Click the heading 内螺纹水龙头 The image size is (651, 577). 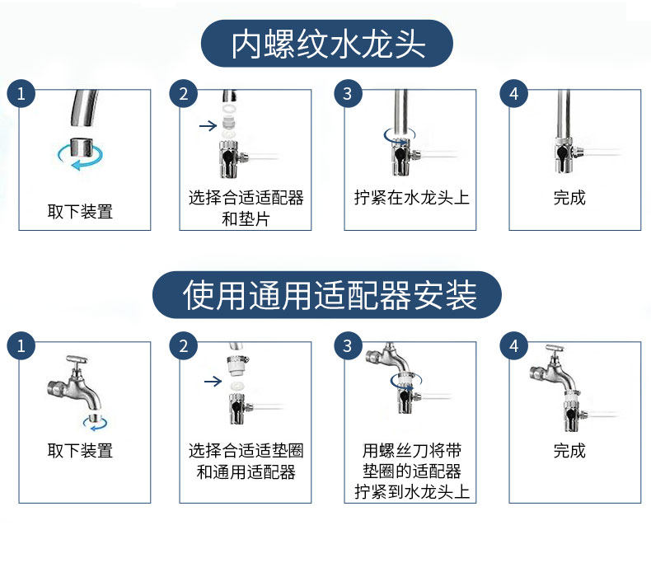click(328, 44)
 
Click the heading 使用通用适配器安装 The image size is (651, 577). click(330, 295)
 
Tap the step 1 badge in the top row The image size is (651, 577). click(21, 94)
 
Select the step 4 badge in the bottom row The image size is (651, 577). click(514, 346)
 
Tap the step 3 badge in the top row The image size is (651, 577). click(348, 94)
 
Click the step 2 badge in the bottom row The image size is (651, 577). click(184, 346)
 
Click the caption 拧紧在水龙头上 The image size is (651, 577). click(411, 198)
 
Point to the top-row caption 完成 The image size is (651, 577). click(569, 198)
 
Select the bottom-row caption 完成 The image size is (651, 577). click(569, 450)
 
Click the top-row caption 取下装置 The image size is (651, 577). click(80, 212)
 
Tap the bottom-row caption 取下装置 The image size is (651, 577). click(80, 450)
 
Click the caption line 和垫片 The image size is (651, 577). click(246, 219)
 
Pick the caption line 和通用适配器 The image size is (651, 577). click(246, 471)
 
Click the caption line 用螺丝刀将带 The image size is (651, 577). click(411, 450)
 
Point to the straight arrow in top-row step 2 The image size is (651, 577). click(208, 125)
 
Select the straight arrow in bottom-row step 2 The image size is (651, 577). click(213, 381)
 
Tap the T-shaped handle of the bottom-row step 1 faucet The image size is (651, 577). click(77, 359)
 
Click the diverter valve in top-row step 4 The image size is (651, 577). click(566, 155)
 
